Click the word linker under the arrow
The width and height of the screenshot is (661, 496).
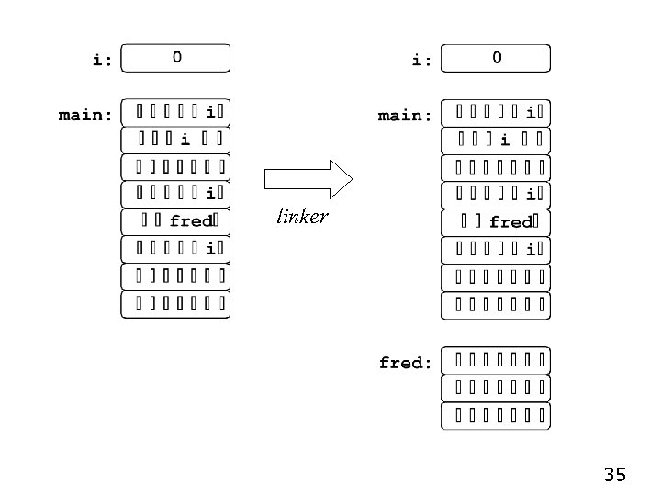[x=302, y=218]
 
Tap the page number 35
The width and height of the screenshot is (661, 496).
[x=614, y=475]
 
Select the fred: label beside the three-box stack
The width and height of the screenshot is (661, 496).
[x=405, y=363]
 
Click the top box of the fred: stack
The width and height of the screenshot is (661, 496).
[x=496, y=361]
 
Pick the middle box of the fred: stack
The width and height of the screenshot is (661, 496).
[x=496, y=389]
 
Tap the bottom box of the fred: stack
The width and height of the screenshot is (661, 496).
[x=496, y=416]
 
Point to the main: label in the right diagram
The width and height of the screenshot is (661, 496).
[x=405, y=116]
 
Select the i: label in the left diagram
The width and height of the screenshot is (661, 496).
[x=102, y=61]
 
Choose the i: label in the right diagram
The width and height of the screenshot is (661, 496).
[x=421, y=61]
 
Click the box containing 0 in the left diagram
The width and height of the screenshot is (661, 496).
[x=175, y=58]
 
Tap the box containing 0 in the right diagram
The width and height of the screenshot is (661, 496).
[x=496, y=58]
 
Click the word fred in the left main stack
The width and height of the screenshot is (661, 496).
[x=191, y=221]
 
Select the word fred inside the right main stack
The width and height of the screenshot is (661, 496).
[x=510, y=222]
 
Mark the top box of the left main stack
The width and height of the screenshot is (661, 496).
[x=175, y=112]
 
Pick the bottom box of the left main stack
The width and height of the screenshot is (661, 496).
[x=175, y=304]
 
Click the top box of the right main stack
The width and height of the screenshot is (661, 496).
[x=496, y=113]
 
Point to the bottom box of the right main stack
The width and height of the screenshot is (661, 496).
[x=496, y=305]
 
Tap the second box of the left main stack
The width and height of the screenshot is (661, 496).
[x=175, y=140]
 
